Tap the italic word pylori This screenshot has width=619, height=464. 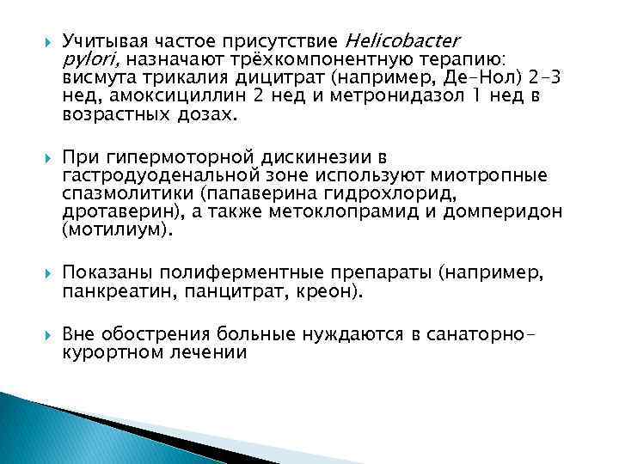tap(86, 59)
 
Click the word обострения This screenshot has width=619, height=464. tap(155, 333)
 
